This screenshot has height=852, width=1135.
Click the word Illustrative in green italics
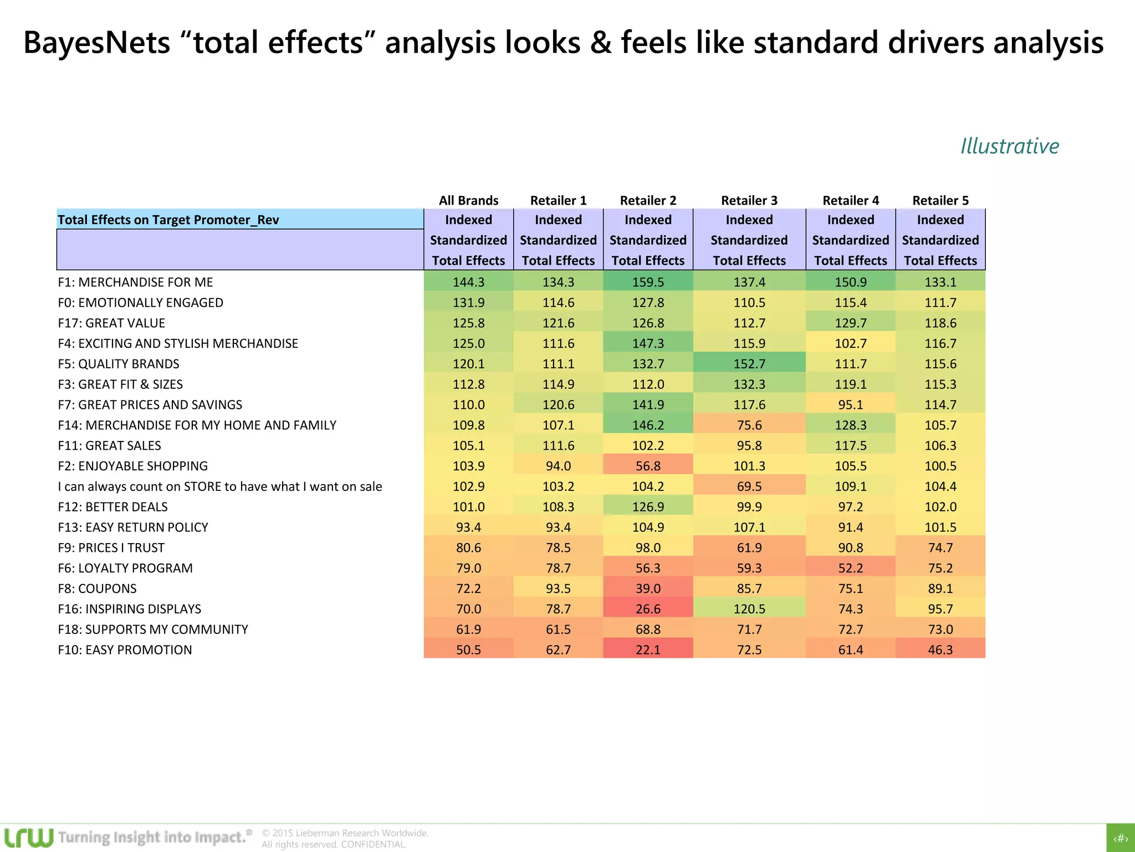click(x=1009, y=146)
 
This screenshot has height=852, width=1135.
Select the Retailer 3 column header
click(x=749, y=200)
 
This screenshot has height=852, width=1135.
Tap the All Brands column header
click(x=468, y=200)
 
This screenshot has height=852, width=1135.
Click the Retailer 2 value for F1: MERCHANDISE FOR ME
click(x=648, y=282)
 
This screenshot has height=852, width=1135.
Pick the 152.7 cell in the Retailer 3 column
click(x=749, y=364)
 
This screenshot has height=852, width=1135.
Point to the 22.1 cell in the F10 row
click(x=648, y=650)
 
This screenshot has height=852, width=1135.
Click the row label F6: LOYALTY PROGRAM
click(x=125, y=568)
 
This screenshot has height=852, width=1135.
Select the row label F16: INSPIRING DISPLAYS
click(x=129, y=609)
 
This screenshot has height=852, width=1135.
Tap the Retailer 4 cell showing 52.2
click(x=850, y=568)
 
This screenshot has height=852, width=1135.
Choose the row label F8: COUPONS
click(x=97, y=589)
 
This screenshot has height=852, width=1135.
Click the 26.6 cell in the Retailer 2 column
click(x=648, y=609)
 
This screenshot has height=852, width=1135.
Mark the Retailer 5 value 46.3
click(x=940, y=650)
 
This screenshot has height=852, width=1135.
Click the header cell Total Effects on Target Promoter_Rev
click(x=168, y=220)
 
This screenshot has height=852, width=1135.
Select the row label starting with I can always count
click(x=219, y=486)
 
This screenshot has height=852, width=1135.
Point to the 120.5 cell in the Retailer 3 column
click(x=749, y=609)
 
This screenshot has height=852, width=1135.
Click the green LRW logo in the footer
click(x=29, y=838)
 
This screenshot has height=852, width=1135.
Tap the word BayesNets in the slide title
click(x=96, y=43)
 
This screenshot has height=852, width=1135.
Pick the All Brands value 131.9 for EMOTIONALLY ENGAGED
click(x=468, y=302)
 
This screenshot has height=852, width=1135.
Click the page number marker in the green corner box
click(x=1121, y=838)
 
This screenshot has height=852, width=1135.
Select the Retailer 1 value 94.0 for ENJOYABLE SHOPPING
click(x=558, y=466)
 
